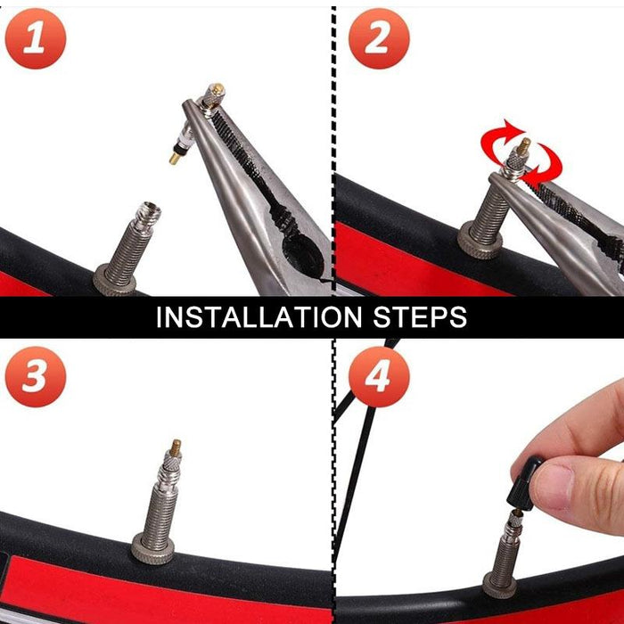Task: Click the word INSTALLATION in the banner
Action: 259,317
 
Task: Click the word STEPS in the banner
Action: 418,317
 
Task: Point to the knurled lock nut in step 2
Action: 479,243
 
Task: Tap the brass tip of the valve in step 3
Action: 176,445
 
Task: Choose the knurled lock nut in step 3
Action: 152,546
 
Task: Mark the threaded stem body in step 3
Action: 165,499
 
